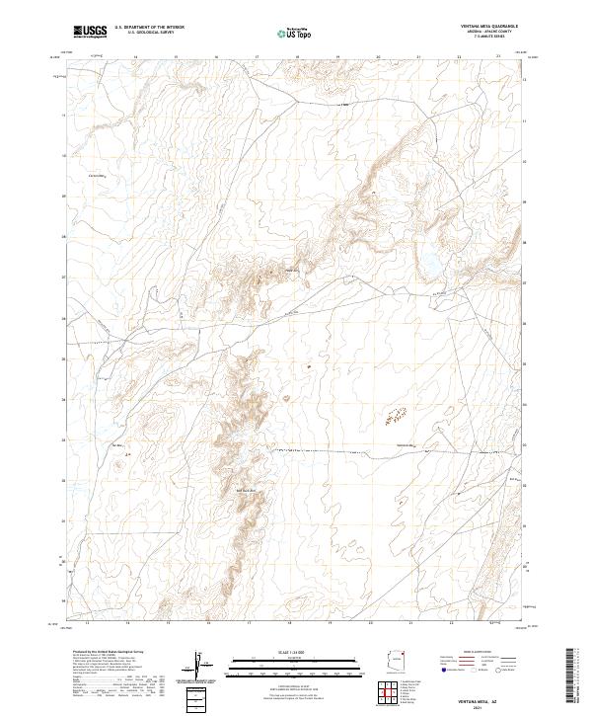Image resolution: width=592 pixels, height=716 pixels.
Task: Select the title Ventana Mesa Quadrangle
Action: (489, 27)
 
